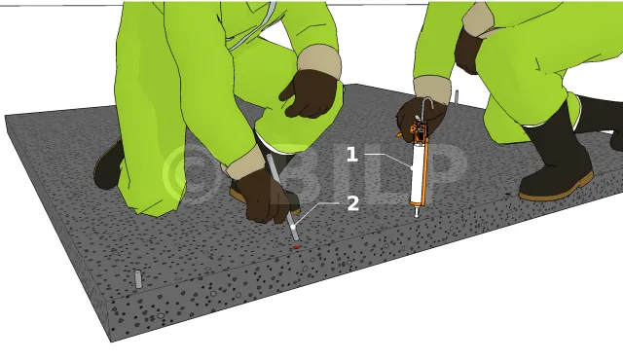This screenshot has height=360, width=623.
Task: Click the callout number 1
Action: (352, 155)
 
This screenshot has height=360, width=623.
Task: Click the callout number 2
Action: (352, 203)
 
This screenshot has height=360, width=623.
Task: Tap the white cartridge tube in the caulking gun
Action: (417, 174)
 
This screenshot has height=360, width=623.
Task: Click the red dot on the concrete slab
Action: (296, 247)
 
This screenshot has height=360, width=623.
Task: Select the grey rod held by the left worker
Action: (282, 198)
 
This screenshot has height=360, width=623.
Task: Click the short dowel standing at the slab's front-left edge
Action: (138, 279)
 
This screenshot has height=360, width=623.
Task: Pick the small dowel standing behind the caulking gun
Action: (457, 97)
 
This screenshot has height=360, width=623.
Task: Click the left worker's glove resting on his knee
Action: (309, 94)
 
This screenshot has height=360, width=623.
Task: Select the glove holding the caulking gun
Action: (420, 117)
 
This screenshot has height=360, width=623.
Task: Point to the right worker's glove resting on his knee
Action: (468, 51)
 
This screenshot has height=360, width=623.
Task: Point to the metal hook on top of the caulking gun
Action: (426, 106)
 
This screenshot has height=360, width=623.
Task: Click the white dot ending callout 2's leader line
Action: (293, 227)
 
